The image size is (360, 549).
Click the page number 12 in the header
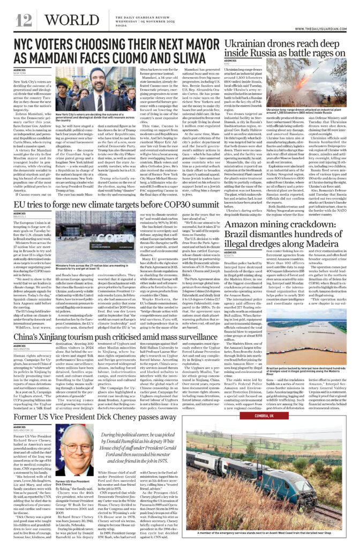point(24,20)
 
